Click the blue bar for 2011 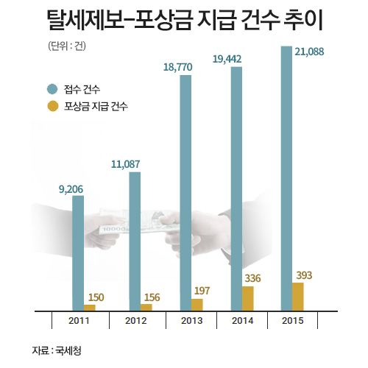(x=78, y=253)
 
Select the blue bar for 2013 (x=185, y=193)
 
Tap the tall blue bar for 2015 (x=286, y=178)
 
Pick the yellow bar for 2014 (x=248, y=299)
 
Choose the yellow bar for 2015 (x=298, y=297)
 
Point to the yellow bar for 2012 (x=146, y=308)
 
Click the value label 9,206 (x=71, y=189)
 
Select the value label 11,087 (x=126, y=164)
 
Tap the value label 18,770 (x=178, y=67)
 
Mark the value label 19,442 (x=227, y=59)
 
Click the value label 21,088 (x=309, y=52)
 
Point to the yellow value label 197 (x=202, y=291)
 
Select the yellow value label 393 (x=304, y=275)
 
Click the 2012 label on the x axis (x=136, y=321)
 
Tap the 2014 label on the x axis (x=243, y=321)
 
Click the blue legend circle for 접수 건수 (x=52, y=89)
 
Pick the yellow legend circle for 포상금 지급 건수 (x=53, y=106)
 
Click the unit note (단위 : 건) (x=67, y=46)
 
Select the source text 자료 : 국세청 (x=57, y=350)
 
